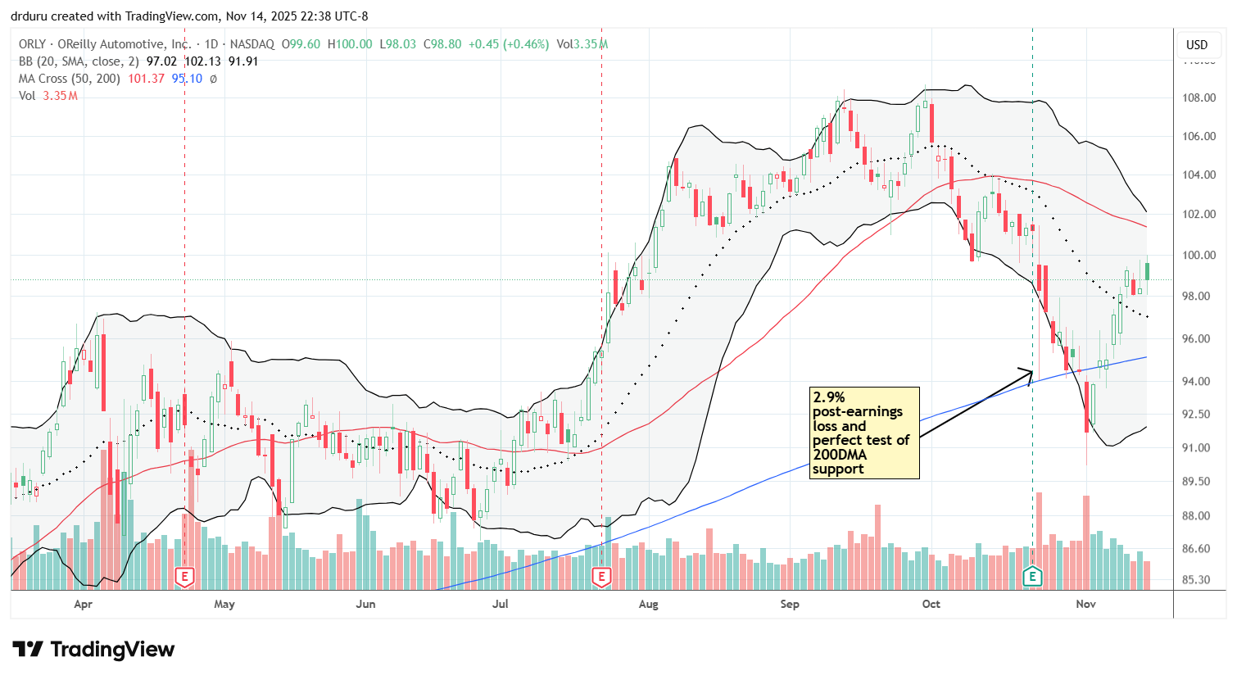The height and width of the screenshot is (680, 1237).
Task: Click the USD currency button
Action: (1197, 45)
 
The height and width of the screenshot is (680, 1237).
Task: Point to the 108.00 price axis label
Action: (1199, 97)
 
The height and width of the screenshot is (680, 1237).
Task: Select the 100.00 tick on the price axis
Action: (1199, 256)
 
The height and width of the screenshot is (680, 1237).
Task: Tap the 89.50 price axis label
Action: (1199, 482)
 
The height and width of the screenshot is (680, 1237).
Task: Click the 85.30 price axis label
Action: (1199, 580)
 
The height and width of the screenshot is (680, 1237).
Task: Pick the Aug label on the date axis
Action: (648, 605)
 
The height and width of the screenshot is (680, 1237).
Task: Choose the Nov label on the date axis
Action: (1085, 605)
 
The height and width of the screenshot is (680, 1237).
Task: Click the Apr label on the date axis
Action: (83, 605)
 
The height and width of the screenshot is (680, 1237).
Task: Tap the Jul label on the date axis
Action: (500, 605)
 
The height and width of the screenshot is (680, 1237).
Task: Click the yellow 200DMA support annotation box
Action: (864, 433)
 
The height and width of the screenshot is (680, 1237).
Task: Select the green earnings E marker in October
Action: (1032, 577)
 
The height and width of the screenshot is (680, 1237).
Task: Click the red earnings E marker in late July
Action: (601, 577)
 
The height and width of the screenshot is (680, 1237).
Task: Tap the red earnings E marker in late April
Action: (184, 577)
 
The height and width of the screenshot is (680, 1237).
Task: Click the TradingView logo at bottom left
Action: (93, 650)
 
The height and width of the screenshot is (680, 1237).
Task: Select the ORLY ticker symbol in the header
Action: (32, 44)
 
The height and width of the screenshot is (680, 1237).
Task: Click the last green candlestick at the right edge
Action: (1147, 271)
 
